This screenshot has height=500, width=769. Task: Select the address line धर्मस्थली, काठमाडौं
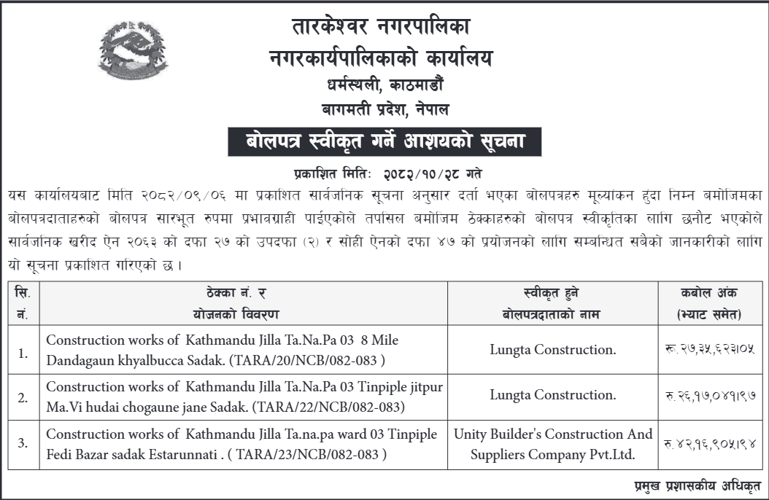(x=384, y=85)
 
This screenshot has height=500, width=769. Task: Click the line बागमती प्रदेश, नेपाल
(x=384, y=110)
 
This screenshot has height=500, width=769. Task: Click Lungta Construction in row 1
(x=553, y=350)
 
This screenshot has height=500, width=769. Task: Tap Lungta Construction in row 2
(x=553, y=395)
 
